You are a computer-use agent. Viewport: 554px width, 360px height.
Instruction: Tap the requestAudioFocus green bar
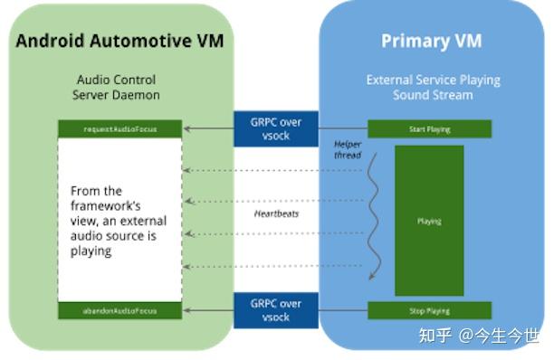click(x=119, y=129)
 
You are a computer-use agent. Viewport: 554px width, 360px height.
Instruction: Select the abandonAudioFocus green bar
click(x=119, y=310)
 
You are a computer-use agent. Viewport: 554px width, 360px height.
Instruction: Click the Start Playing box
click(x=428, y=129)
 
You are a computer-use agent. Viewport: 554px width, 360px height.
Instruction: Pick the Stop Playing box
click(x=428, y=310)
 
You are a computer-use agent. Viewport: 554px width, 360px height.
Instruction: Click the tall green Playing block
click(x=429, y=220)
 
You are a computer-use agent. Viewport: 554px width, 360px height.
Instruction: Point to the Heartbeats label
click(x=275, y=213)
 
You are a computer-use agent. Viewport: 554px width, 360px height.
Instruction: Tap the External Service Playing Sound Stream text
click(x=433, y=87)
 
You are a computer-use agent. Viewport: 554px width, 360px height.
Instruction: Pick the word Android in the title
click(x=49, y=41)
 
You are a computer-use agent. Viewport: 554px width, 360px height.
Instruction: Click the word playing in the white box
click(x=91, y=251)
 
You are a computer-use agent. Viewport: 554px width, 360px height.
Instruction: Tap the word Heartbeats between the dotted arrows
click(x=275, y=213)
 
